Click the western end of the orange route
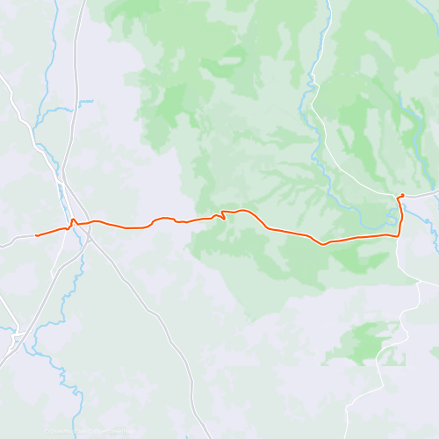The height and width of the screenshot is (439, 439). (36, 235)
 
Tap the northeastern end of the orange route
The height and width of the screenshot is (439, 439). (401, 195)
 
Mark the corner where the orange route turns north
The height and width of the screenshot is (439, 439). (399, 234)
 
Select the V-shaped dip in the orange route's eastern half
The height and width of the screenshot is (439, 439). (324, 243)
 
